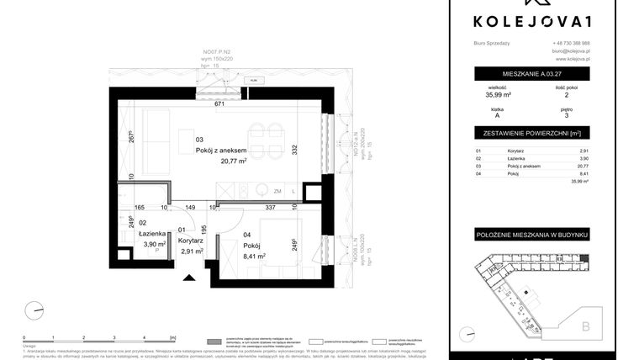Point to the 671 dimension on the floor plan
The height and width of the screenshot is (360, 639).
219,105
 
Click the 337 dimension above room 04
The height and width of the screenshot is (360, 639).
271,206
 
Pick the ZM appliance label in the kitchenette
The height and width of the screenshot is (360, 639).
276,192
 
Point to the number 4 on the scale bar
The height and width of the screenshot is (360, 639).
145,312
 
